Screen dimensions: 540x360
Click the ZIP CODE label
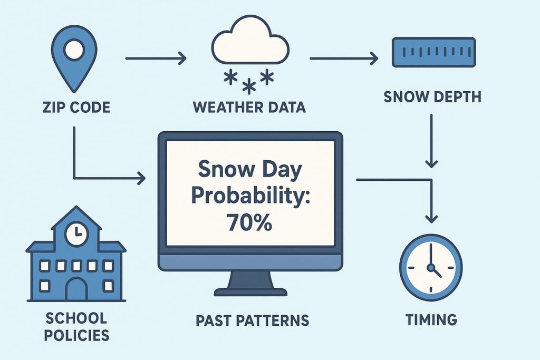(76, 108)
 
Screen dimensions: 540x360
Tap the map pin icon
(74, 59)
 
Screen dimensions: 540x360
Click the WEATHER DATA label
(249, 107)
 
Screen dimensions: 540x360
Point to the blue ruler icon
(433, 52)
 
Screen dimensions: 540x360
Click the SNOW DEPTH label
(432, 96)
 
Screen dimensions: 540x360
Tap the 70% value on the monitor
(249, 222)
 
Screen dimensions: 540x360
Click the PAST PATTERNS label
(253, 320)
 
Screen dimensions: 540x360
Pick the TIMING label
(431, 320)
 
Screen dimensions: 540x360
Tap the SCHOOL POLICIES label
(76, 327)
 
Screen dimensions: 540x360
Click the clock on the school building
(77, 235)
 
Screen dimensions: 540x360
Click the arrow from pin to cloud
(156, 59)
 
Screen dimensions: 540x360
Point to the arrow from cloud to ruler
(344, 59)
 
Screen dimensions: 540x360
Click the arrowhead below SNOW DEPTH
(431, 163)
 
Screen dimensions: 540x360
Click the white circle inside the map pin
(74, 50)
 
